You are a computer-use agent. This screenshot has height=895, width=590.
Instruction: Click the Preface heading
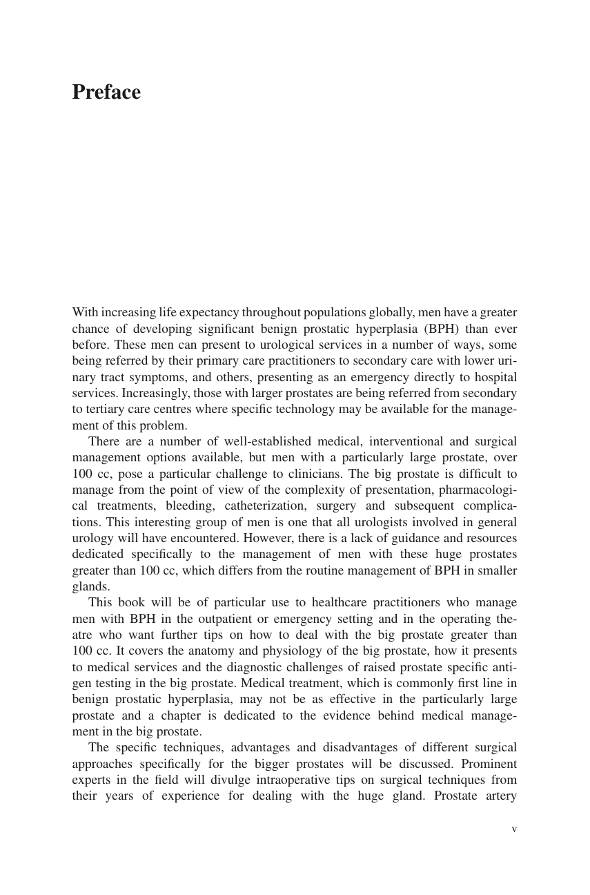point(106,93)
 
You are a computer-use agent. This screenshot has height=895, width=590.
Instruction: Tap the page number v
point(514,829)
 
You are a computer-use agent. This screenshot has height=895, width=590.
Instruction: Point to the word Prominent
point(489,764)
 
